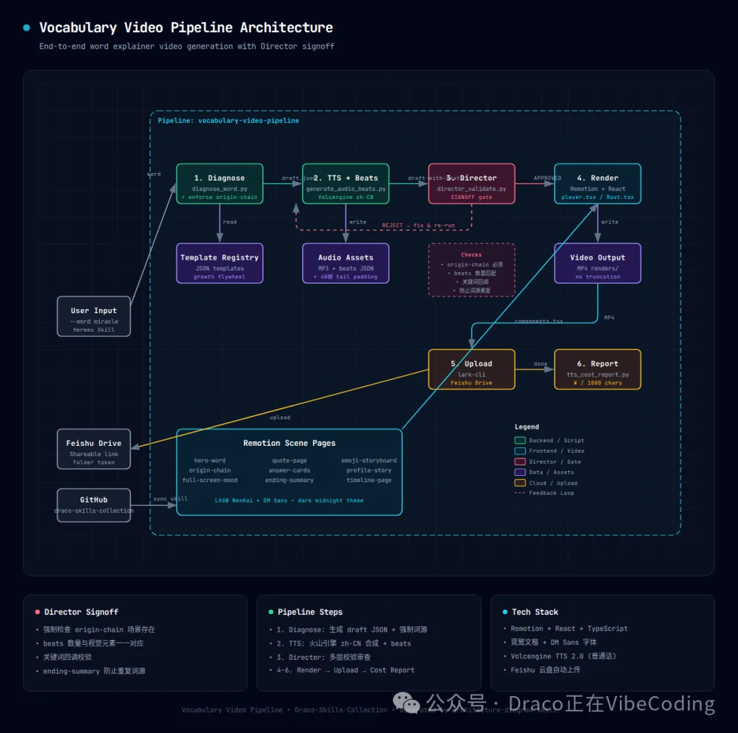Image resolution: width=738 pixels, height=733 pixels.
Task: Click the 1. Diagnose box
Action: click(x=219, y=184)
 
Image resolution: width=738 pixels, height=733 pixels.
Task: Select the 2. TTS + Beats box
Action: click(x=345, y=184)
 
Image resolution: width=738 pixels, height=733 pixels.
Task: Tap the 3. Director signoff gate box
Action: click(x=471, y=184)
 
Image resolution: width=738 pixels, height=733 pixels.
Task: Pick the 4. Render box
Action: click(x=597, y=184)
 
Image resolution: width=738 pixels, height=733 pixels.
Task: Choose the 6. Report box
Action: click(x=597, y=369)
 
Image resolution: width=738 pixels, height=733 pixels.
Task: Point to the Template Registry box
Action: click(x=219, y=263)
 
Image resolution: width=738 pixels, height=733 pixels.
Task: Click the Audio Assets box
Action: click(x=345, y=263)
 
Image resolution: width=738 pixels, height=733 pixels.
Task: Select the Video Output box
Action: click(x=597, y=263)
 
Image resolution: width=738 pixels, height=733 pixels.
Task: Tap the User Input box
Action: click(x=94, y=317)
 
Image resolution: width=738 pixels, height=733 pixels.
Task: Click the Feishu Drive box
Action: click(x=94, y=449)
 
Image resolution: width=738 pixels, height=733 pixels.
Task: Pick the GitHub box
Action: click(x=94, y=505)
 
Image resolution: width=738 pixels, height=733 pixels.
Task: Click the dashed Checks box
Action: click(x=471, y=270)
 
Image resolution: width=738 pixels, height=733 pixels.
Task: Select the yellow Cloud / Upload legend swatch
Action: click(x=520, y=483)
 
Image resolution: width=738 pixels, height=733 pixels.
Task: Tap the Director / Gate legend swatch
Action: click(x=520, y=462)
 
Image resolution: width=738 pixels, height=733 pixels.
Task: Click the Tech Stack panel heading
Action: click(x=534, y=612)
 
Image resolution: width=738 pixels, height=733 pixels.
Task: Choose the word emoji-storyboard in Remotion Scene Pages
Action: click(x=369, y=460)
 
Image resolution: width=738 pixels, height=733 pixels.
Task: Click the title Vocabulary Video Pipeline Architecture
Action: click(x=186, y=28)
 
